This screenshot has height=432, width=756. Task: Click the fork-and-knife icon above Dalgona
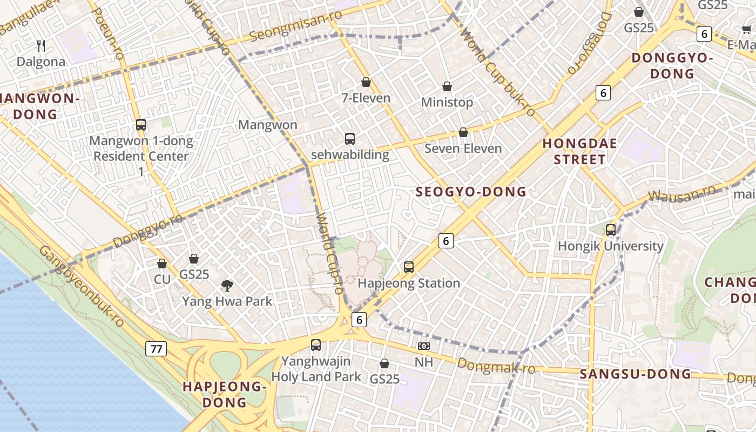(41, 45)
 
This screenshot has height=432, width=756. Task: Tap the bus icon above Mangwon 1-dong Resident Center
(141, 125)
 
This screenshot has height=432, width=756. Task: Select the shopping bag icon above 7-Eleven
(366, 82)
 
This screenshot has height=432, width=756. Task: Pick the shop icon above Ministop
(447, 86)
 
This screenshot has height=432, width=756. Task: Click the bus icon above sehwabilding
(350, 139)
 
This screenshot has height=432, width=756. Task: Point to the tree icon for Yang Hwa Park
(227, 285)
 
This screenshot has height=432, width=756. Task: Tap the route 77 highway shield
(156, 349)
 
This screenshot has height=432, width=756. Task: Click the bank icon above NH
(424, 346)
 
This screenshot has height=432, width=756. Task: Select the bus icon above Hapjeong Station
(409, 267)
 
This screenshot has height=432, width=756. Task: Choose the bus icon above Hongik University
(611, 230)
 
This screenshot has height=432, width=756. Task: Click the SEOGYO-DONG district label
(471, 192)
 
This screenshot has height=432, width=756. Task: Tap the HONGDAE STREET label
(579, 151)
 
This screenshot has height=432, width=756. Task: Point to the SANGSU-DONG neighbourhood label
(635, 374)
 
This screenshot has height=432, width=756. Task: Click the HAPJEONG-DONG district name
(225, 394)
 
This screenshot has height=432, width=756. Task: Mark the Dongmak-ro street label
(496, 366)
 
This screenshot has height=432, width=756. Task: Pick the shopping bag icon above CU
(162, 264)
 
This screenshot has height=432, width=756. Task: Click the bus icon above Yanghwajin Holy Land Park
(316, 345)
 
